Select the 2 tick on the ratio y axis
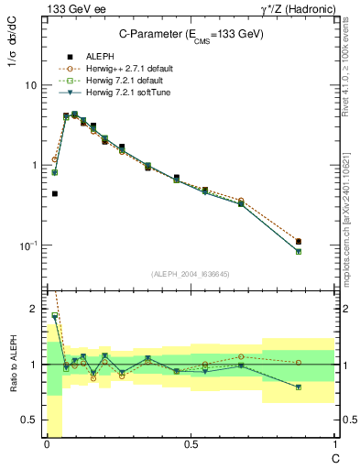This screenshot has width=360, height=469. pyautogui.click(x=32, y=310)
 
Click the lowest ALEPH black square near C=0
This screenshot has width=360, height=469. pyautogui.click(x=55, y=193)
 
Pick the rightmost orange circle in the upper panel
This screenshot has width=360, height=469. pyautogui.click(x=324, y=241)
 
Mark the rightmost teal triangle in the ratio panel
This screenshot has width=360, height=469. pyautogui.click(x=324, y=387)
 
